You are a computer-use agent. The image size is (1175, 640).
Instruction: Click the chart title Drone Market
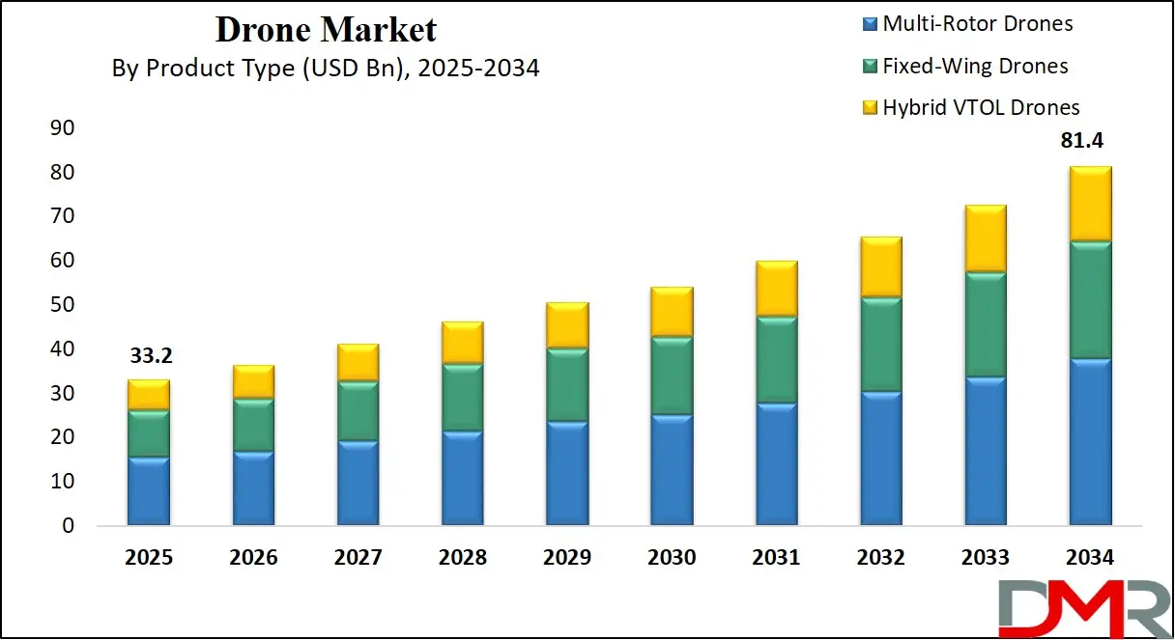[326, 30]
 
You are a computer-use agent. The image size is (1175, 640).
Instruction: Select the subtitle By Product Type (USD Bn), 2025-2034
[326, 69]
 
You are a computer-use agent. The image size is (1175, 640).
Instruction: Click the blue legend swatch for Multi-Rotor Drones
[869, 24]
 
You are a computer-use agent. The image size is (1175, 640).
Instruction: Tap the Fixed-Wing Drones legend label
[976, 66]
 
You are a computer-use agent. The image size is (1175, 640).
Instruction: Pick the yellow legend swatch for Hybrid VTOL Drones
[869, 107]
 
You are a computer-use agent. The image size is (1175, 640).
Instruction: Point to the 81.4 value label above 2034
[1081, 141]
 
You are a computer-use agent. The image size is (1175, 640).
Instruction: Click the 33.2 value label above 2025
[149, 357]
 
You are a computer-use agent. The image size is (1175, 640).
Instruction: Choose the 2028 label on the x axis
[462, 558]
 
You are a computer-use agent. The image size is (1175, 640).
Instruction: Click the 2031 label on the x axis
[776, 558]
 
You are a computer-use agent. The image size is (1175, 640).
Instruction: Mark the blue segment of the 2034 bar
[1089, 442]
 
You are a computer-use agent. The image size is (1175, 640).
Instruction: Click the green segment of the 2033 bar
[985, 324]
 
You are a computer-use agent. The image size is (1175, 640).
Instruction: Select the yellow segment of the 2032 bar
[880, 266]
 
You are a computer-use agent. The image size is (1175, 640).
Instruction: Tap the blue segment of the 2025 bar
[149, 491]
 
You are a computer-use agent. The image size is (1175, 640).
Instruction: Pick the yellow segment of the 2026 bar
[253, 381]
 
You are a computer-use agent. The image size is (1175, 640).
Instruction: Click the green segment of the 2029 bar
[567, 384]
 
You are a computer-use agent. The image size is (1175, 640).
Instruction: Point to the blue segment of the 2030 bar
[672, 470]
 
